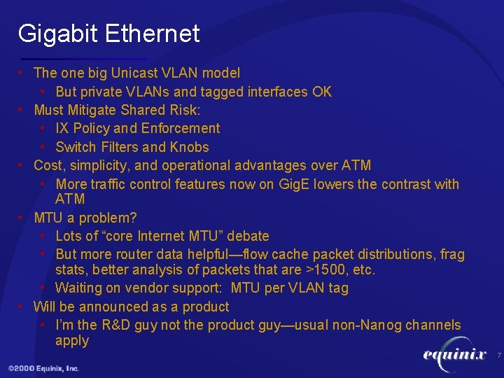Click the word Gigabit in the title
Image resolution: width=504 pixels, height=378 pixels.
pos(58,34)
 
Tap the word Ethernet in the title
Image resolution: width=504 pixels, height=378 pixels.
pos(152,34)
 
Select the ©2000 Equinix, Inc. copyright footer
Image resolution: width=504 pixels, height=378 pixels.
pos(43,368)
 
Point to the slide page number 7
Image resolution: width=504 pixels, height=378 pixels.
pos(498,356)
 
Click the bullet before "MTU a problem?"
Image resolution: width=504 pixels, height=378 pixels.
pos(22,218)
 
